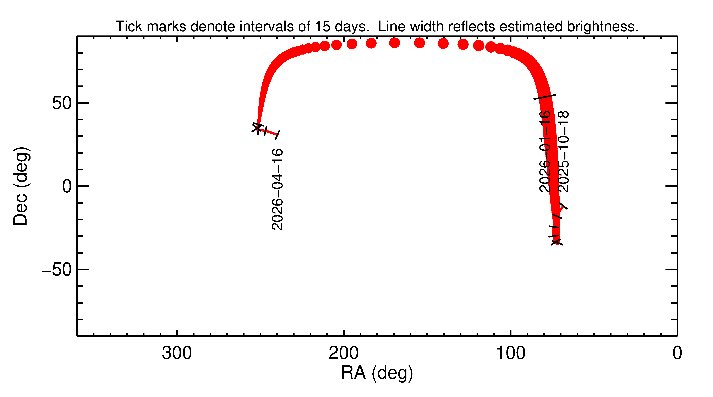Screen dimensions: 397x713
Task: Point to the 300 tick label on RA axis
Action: pos(177,353)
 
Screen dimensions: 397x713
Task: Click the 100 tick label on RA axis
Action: pos(510,353)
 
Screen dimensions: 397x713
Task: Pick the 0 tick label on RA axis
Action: pos(677,353)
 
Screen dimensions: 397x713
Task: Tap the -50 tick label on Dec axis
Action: pos(57,270)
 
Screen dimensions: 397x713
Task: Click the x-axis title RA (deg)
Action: pos(377,373)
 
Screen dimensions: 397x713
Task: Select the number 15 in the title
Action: pos(322,27)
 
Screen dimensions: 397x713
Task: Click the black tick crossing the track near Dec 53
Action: pos(545,97)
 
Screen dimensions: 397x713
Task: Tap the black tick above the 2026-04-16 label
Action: pos(278,135)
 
